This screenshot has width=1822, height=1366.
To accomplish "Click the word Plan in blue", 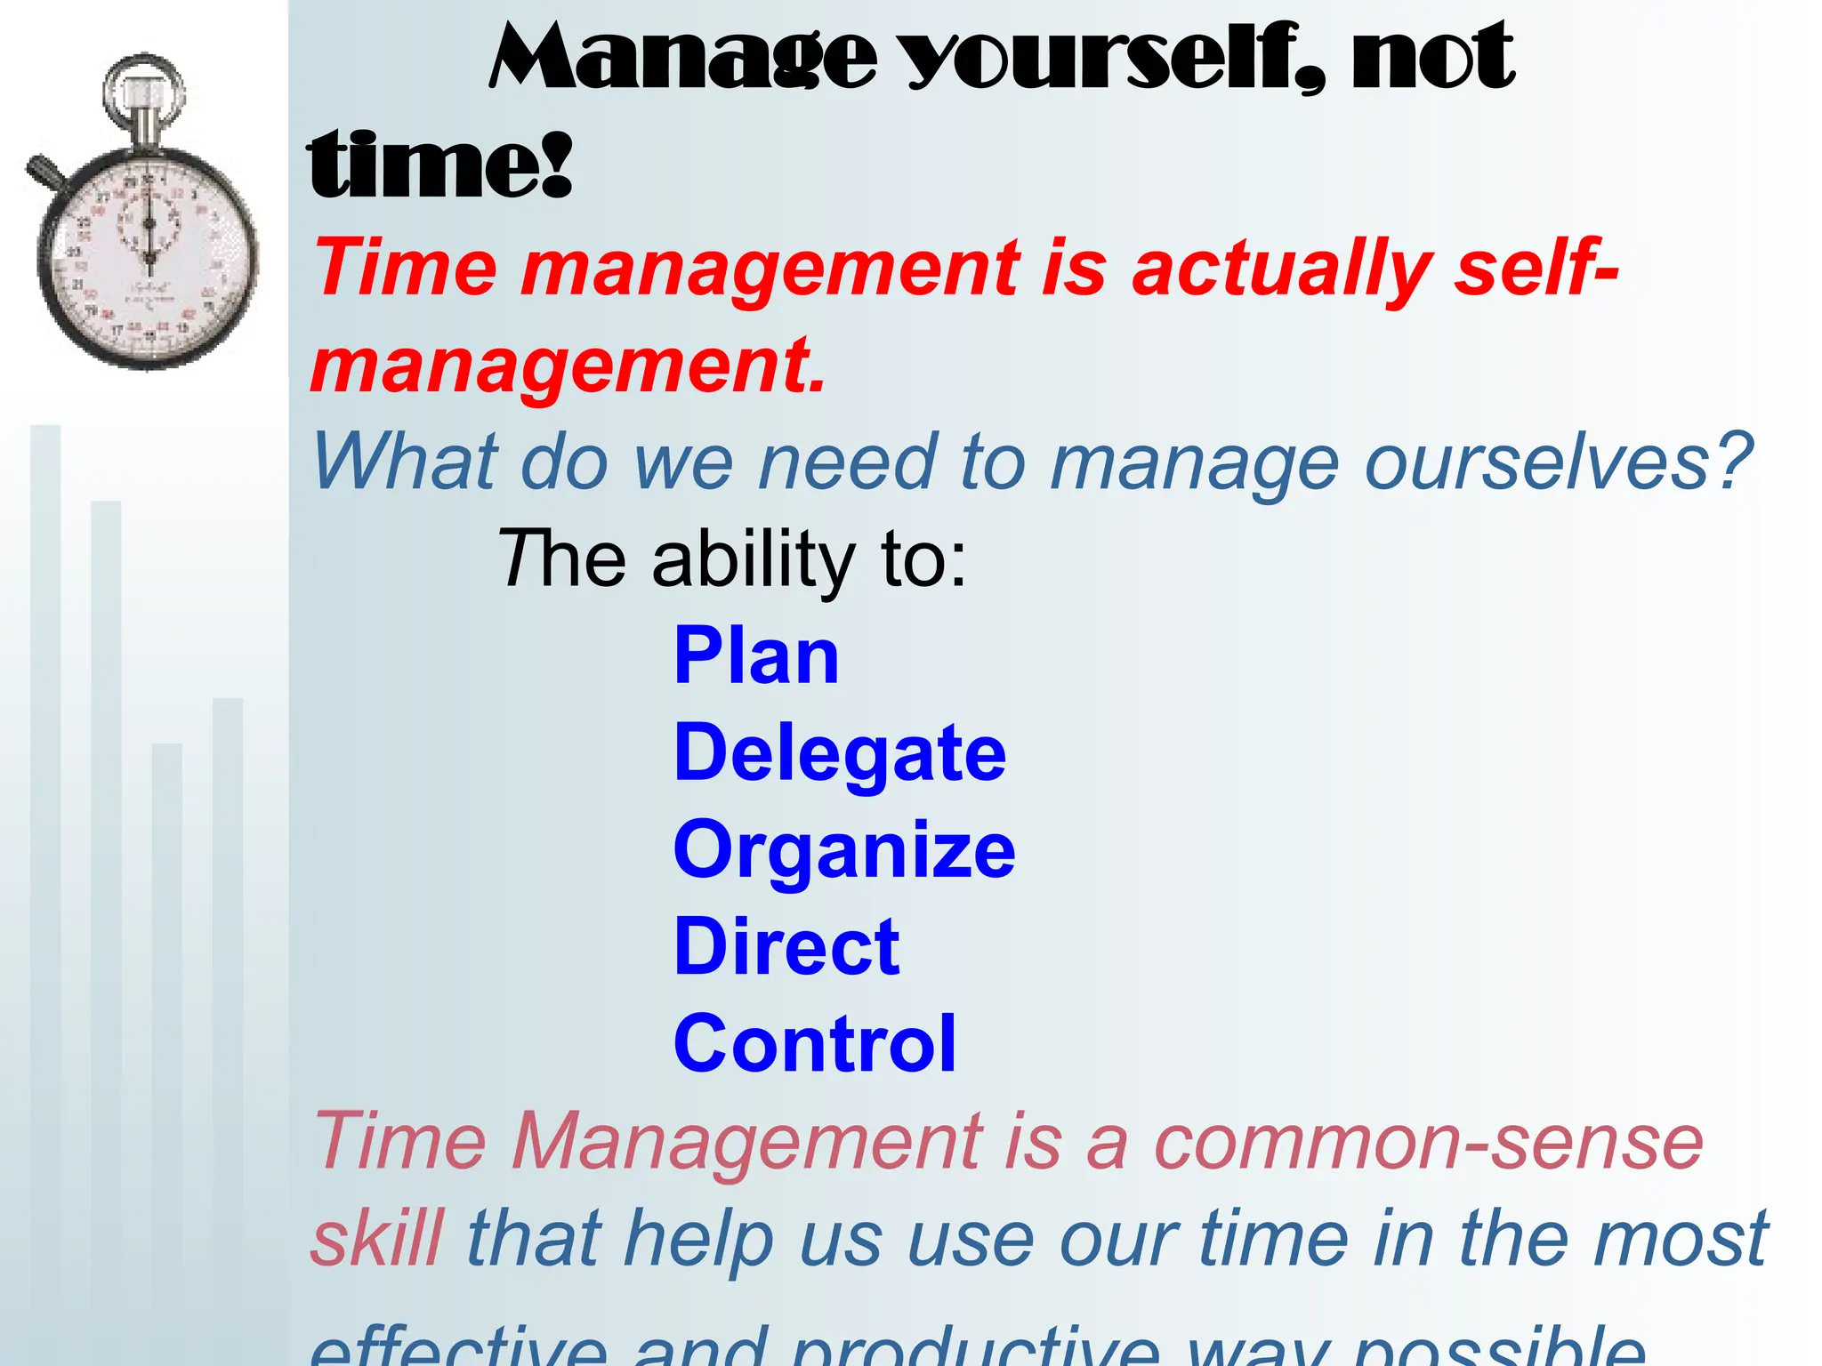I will pos(756,656).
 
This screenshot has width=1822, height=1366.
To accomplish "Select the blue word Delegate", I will pos(840,753).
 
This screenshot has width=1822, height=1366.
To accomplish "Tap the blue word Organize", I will pos(844,850).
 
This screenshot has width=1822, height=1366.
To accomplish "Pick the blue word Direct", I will pos(787,947).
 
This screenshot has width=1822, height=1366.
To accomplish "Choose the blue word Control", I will pos(815,1044).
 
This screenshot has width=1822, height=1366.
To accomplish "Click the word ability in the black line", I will pos(753,560).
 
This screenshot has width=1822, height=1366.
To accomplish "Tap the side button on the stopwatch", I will pos(44,172).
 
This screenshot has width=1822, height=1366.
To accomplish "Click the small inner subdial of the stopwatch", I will pos(149,221).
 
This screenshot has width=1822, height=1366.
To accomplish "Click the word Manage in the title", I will pos(683,59).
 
